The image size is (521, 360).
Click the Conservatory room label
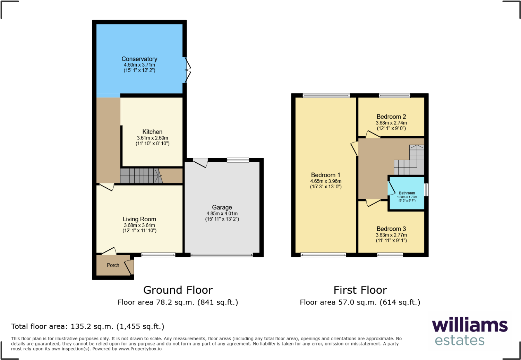click(x=139, y=59)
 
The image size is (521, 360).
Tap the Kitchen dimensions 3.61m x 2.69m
click(x=152, y=138)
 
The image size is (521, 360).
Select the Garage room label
click(x=222, y=207)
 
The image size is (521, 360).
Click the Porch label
click(x=113, y=265)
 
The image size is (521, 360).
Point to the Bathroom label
click(x=407, y=193)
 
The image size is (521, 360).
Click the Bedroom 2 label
click(x=391, y=117)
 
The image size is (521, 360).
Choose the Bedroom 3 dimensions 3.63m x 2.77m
click(x=391, y=235)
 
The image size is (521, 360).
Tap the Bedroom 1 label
click(x=325, y=175)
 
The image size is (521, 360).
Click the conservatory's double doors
click(x=187, y=70)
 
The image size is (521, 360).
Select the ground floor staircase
click(x=140, y=175)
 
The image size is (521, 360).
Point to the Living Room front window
click(x=158, y=255)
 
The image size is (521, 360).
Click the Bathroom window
click(x=427, y=190)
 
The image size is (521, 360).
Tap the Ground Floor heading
click(x=178, y=290)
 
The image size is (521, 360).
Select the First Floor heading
click(x=360, y=290)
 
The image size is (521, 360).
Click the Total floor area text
click(x=88, y=326)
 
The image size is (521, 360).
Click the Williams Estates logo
click(x=470, y=332)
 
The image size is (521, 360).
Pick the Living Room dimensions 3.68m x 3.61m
click(x=139, y=225)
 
